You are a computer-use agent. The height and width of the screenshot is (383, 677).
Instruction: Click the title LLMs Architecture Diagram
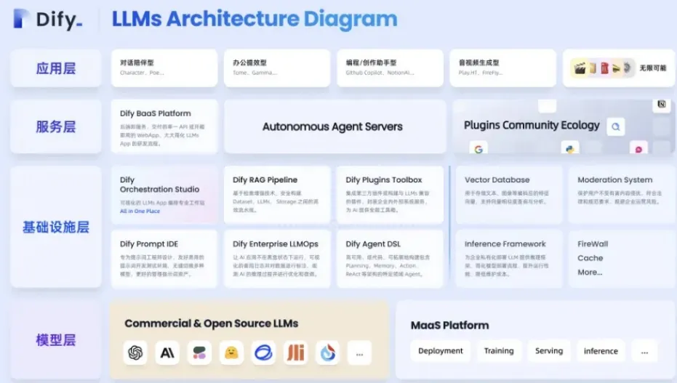click(255, 19)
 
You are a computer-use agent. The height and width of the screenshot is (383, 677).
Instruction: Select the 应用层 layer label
click(56, 68)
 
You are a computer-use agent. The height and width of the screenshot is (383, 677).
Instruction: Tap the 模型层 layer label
click(56, 339)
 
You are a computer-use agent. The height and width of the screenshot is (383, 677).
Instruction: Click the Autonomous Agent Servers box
click(332, 126)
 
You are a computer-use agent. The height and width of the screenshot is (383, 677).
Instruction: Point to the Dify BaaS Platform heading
click(156, 113)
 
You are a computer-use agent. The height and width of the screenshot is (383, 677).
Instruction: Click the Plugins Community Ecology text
click(532, 125)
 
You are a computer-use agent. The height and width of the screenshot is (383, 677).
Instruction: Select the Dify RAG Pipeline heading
click(265, 180)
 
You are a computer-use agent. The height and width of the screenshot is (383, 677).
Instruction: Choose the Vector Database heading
click(497, 180)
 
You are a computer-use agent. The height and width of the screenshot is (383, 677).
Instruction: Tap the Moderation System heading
click(614, 180)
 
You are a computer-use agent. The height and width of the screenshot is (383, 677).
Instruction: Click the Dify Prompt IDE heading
click(149, 244)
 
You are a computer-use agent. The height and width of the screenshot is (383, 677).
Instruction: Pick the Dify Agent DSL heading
click(373, 244)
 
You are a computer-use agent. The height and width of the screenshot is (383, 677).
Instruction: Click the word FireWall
click(593, 244)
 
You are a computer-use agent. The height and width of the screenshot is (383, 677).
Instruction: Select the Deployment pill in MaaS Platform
click(441, 351)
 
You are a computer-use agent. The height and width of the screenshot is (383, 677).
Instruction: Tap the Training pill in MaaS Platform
click(499, 351)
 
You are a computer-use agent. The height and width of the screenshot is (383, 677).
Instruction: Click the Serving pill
click(549, 351)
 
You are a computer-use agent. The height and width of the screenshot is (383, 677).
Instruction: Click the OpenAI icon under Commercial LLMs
click(135, 352)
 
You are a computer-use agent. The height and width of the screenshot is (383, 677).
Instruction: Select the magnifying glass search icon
click(616, 127)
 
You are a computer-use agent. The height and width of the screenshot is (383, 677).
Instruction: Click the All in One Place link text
click(140, 211)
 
